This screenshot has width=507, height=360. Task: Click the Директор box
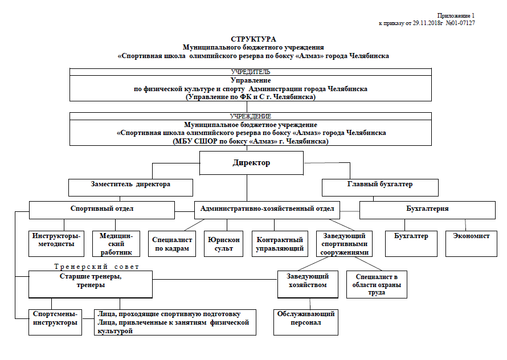tap(252, 163)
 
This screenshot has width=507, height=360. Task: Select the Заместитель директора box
tap(130, 187)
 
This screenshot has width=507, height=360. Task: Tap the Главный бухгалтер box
tap(381, 187)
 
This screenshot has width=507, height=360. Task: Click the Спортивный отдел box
tap(102, 210)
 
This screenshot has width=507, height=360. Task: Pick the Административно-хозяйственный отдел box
tap(267, 210)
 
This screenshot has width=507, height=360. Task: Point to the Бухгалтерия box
tap(427, 210)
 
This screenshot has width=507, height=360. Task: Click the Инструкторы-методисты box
tap(56, 244)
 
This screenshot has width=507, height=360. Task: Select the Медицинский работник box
tap(116, 244)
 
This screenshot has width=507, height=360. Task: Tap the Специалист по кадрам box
tap(172, 244)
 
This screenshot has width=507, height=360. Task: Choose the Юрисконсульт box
tap(224, 244)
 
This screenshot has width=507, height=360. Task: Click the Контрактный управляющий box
tap(280, 244)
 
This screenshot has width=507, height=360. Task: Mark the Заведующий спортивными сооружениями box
tap(344, 244)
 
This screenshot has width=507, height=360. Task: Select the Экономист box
tap(472, 244)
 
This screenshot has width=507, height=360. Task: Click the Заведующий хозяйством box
tap(308, 284)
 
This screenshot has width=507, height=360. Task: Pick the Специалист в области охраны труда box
tap(377, 284)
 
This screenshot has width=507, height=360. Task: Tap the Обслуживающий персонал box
tap(306, 322)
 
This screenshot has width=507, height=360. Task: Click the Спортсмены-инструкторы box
tap(55, 322)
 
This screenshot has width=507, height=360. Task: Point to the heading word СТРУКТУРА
tap(254, 39)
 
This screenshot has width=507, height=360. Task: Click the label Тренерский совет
tap(97, 267)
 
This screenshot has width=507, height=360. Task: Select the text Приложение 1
tap(456, 15)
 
